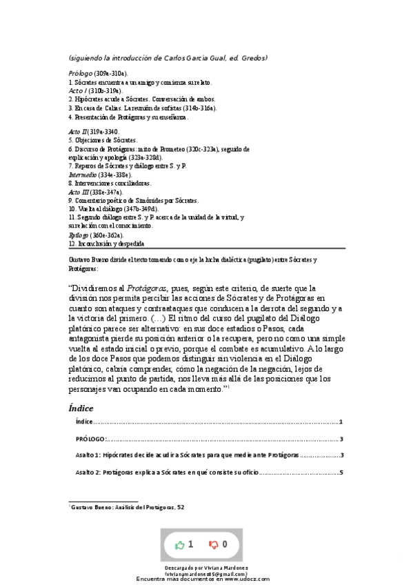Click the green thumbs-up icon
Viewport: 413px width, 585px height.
pos(180,544)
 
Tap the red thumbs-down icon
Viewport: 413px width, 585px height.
pos(214,544)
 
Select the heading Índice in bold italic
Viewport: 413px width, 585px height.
pos(81,408)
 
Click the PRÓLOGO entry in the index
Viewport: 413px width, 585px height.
pos(90,439)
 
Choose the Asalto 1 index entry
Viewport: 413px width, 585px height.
pos(186,455)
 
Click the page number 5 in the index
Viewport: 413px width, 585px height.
pos(341,473)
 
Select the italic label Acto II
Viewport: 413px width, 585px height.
pos(79,130)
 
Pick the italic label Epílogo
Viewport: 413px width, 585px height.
pos(80,235)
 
